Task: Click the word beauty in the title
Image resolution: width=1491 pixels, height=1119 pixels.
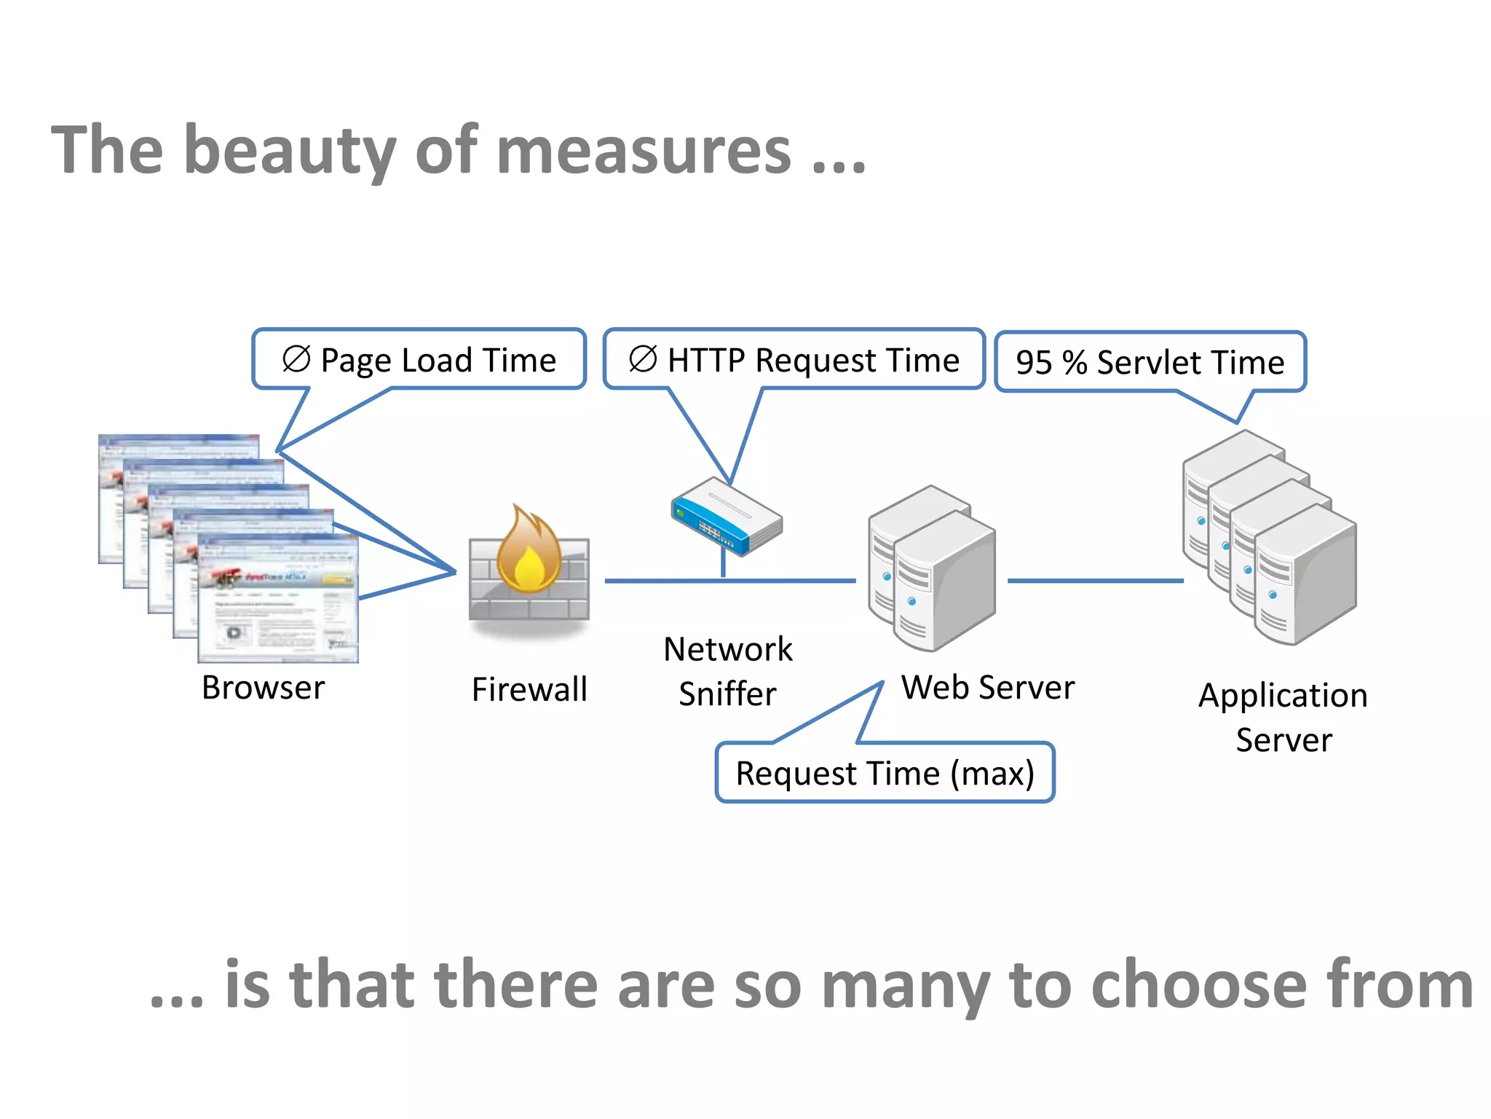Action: (x=290, y=152)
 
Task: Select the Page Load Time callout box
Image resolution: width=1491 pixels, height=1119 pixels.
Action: (x=419, y=360)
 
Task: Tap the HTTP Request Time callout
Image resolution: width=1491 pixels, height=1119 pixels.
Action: (x=794, y=360)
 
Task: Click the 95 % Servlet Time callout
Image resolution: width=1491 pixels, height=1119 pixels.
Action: (x=1150, y=362)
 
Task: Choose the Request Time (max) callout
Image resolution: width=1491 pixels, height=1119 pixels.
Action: (x=885, y=773)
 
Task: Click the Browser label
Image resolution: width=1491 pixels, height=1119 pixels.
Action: (x=263, y=688)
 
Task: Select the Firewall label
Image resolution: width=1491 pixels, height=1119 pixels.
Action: (x=529, y=689)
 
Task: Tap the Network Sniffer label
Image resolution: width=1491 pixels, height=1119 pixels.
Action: (x=727, y=671)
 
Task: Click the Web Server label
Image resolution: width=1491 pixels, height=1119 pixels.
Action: (x=988, y=688)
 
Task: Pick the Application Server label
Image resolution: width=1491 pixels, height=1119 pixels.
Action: (x=1284, y=718)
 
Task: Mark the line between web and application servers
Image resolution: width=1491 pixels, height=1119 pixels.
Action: (x=1096, y=581)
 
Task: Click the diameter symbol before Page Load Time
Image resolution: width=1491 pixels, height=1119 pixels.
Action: (x=296, y=358)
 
